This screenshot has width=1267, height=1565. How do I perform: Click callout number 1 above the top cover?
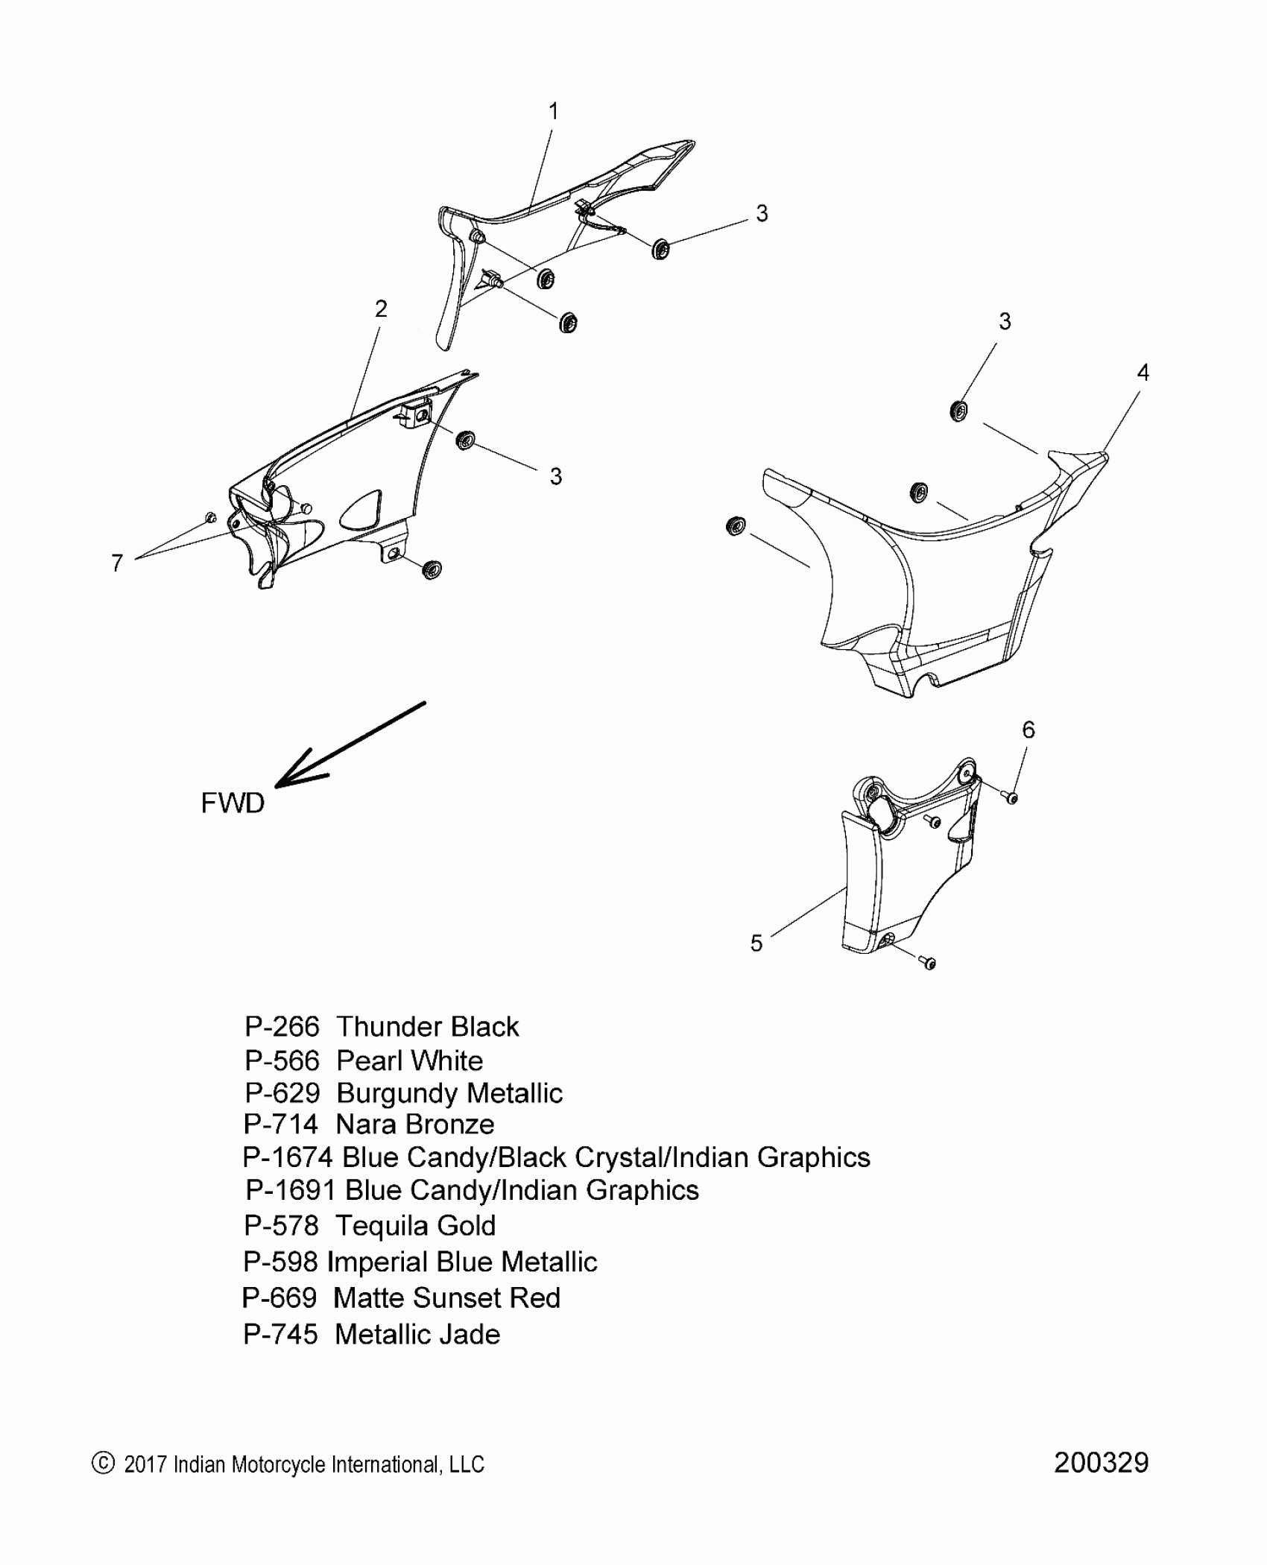[553, 112]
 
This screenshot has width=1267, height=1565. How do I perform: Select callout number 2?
[381, 309]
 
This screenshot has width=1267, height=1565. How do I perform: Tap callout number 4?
[1143, 373]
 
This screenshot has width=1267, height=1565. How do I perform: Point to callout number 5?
[756, 943]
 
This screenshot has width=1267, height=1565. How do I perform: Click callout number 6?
[1029, 730]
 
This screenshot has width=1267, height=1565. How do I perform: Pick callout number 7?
[117, 563]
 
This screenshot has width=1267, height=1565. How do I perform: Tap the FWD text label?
[233, 803]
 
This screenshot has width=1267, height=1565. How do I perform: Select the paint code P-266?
[282, 1027]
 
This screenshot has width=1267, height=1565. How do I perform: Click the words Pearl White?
[409, 1060]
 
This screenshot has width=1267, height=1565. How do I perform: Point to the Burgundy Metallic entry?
[449, 1093]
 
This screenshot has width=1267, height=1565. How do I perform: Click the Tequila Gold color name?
[415, 1225]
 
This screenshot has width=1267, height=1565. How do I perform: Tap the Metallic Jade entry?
[417, 1334]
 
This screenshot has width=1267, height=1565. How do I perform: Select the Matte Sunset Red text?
[446, 1297]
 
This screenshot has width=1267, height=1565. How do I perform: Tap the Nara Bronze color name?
[415, 1125]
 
